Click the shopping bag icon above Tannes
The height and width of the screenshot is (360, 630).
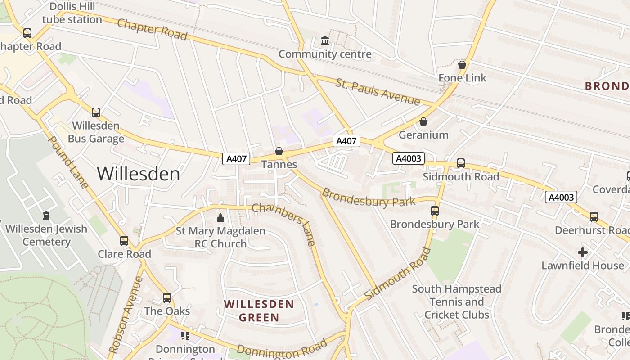279,151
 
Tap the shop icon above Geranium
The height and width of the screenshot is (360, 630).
423,121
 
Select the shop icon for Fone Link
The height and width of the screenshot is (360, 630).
462,65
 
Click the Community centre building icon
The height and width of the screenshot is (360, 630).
324,41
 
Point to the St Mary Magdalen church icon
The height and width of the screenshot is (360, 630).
220,218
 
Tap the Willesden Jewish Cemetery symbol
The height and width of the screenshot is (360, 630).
46,216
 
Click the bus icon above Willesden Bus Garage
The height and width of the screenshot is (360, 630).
95,112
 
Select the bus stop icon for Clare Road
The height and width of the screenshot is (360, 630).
124,241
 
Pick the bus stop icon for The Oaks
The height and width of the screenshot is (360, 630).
167,297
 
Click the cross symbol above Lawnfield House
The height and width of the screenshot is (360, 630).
583,252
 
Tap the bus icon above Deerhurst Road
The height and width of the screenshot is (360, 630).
594,217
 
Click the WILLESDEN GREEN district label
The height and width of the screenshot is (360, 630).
259,311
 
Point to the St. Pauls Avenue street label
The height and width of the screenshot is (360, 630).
378,92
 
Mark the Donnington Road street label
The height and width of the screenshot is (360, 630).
281,348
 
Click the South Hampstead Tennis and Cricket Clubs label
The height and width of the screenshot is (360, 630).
456,301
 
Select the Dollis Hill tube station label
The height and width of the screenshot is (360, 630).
72,13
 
